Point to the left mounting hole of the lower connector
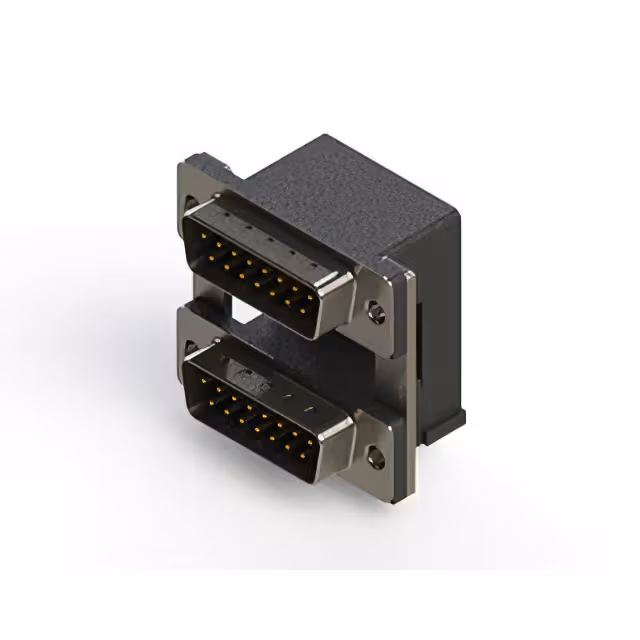(x=191, y=350)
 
